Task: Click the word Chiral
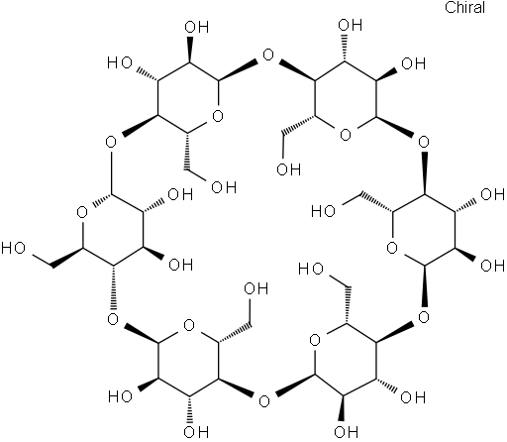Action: (x=464, y=8)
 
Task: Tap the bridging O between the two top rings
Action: (x=268, y=55)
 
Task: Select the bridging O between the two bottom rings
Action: (x=264, y=401)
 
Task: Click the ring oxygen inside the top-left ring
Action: (x=218, y=116)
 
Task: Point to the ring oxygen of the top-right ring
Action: (x=346, y=135)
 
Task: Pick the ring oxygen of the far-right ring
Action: (x=392, y=248)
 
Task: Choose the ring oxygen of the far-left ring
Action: (x=82, y=212)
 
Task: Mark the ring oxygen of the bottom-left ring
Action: (x=189, y=325)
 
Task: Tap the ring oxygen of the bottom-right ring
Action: (x=315, y=340)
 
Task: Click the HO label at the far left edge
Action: (x=13, y=248)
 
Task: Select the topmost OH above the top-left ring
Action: (x=197, y=27)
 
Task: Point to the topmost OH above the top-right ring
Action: (x=351, y=25)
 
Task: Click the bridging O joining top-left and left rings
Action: (x=111, y=143)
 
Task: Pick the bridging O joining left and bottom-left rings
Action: (x=113, y=319)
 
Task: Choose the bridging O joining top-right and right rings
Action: (x=424, y=143)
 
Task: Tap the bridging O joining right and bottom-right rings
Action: (x=424, y=317)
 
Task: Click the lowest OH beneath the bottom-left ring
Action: (x=197, y=432)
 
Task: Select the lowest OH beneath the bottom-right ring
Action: (x=346, y=432)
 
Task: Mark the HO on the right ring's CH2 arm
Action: (x=323, y=211)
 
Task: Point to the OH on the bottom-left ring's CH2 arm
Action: (x=256, y=288)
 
